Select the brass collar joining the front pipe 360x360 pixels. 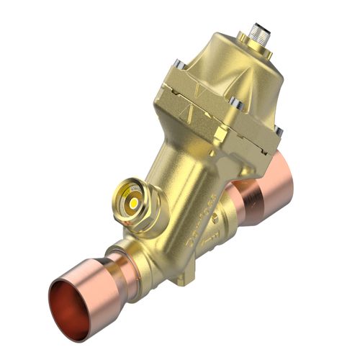(148, 263)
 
